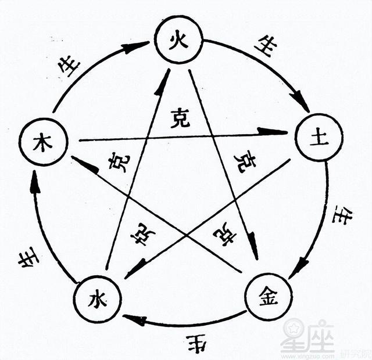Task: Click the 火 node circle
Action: pos(179,40)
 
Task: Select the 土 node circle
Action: pos(319,138)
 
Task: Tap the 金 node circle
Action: pos(268,296)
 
